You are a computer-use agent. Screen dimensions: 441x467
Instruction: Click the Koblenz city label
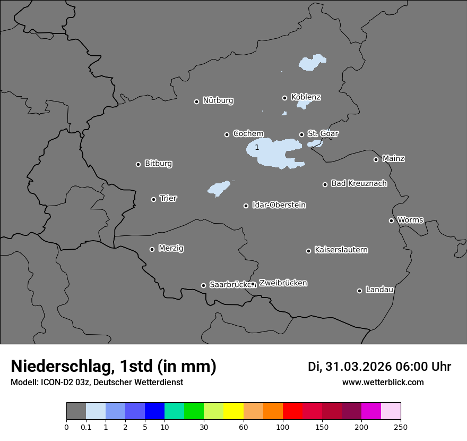[306, 97]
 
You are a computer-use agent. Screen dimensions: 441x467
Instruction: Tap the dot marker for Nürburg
[196, 101]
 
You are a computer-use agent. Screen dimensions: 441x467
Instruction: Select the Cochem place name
[248, 134]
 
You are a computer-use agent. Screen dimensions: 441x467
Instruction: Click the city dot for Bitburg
[138, 164]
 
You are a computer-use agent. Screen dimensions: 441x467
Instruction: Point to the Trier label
[168, 198]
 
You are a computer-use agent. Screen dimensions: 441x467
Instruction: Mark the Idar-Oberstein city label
[279, 205]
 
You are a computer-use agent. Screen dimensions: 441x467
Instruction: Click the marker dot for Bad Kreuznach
[325, 184]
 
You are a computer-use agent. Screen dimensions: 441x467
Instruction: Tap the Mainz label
[393, 158]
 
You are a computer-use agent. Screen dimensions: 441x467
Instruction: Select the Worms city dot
[391, 220]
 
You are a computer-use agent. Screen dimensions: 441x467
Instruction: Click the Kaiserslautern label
[341, 250]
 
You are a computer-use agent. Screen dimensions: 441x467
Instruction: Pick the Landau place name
[379, 290]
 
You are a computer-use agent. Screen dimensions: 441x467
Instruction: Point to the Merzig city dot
[152, 249]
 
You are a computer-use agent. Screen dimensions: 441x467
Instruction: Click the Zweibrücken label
[283, 283]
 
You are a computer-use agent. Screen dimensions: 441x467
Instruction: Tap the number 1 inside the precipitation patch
[257, 147]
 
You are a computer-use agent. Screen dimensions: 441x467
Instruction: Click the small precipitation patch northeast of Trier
[219, 188]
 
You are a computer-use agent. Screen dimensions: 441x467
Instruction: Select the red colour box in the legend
[292, 411]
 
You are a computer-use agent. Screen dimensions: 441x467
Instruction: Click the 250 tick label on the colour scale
[400, 427]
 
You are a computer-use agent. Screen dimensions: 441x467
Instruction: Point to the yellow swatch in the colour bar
[233, 411]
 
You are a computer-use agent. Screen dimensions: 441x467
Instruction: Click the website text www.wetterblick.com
[383, 383]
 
